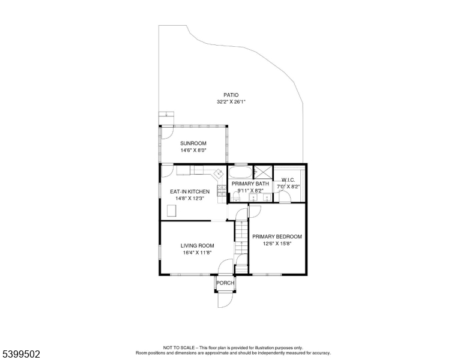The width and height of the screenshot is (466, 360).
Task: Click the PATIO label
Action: click(x=231, y=95)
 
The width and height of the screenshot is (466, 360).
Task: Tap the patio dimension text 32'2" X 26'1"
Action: click(x=231, y=102)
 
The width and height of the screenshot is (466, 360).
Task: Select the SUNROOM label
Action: click(x=193, y=143)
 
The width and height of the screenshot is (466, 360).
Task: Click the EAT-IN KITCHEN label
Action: click(x=189, y=191)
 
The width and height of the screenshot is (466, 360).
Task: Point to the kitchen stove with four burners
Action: click(x=221, y=191)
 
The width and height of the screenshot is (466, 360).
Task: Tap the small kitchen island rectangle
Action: click(x=172, y=211)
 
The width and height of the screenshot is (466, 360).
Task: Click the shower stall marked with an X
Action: click(x=262, y=172)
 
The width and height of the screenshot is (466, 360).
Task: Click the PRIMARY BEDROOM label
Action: click(x=277, y=236)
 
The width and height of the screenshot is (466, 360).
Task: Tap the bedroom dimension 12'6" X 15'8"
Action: click(x=277, y=244)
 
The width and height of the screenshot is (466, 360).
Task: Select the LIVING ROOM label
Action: click(x=198, y=245)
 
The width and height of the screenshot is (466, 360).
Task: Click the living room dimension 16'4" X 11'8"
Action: click(x=198, y=253)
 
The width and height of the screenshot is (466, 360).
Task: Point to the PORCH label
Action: click(x=225, y=283)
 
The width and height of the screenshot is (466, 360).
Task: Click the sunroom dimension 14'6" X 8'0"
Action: click(x=193, y=151)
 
